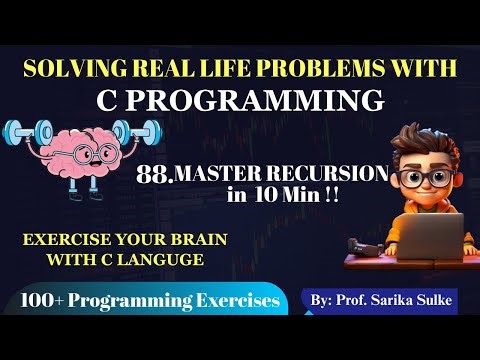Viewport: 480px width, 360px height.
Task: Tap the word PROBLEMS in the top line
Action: tap(319, 68)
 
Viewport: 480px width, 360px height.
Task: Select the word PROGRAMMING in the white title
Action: tap(268, 100)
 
